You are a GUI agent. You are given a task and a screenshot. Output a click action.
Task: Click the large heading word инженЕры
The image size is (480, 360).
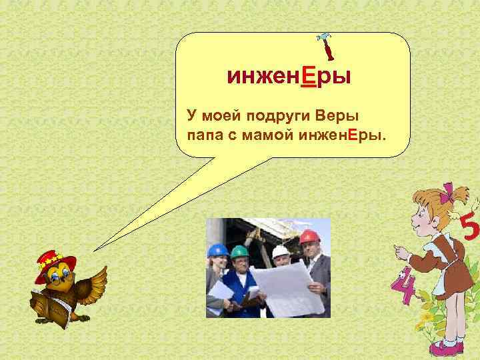(x=289, y=78)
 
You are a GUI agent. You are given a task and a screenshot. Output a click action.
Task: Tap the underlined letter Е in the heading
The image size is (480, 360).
(x=309, y=78)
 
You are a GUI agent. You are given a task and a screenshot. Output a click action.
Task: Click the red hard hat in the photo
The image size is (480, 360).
(x=309, y=237)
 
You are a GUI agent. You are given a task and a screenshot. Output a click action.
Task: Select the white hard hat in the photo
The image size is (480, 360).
(x=281, y=251)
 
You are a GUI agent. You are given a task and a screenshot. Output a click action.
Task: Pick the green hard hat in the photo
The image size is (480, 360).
(x=239, y=251)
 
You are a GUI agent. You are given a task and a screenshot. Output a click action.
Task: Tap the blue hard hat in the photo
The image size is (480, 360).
(x=217, y=249)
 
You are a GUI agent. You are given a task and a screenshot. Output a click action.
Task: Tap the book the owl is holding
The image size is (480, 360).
(x=49, y=306)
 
